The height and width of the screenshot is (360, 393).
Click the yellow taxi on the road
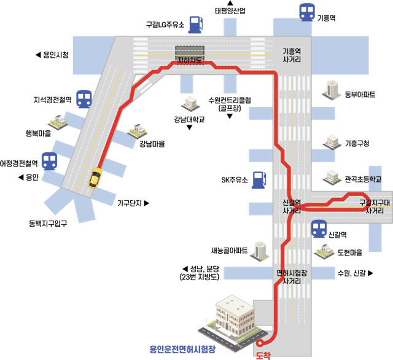pos(95,178)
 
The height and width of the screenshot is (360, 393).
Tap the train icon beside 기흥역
pos(307,12)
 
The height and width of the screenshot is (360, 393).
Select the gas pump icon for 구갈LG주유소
pos(196,25)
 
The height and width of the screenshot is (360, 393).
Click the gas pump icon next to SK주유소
pos(259,180)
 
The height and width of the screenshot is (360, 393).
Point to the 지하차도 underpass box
pos(190,55)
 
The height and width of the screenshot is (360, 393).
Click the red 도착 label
pos(263,356)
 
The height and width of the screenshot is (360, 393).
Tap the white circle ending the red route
pos(260,343)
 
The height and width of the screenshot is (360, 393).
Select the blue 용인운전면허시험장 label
pos(182,349)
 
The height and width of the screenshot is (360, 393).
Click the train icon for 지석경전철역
pos(84,100)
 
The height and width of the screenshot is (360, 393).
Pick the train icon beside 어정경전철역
pos(49,162)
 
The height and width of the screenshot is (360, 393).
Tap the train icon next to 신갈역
pos(319,229)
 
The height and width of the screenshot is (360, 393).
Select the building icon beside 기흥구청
pos(332,142)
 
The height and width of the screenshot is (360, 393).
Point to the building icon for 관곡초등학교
pos(332,178)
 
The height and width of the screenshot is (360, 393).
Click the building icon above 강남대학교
pos(190,104)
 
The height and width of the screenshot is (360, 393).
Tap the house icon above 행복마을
pos(58,122)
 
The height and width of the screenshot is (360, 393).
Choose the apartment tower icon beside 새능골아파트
pos(260,251)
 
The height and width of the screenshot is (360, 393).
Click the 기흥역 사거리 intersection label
pos(292,55)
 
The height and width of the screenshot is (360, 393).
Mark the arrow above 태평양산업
pos(230,3)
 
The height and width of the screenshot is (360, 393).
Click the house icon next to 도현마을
pos(324,251)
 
